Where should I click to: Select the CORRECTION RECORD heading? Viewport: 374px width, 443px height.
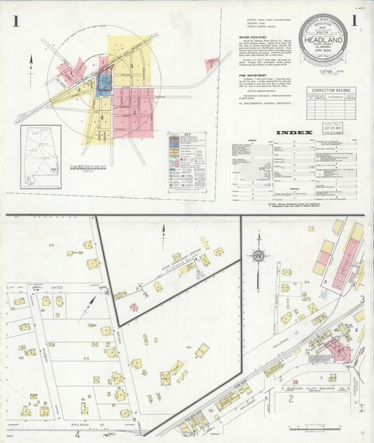click(x=330, y=90)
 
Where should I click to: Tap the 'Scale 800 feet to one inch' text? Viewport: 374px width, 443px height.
click(x=88, y=165)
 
